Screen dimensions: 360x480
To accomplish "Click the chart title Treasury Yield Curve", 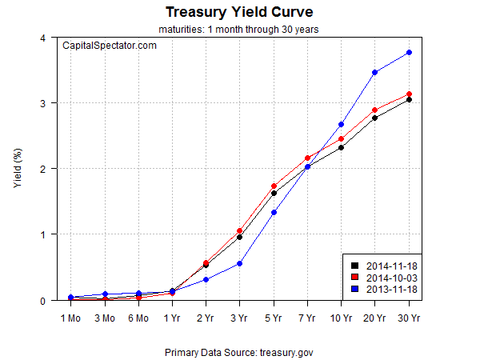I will [x=240, y=13].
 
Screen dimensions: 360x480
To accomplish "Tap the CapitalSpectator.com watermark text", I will [x=110, y=46].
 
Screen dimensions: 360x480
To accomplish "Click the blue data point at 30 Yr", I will [x=409, y=53].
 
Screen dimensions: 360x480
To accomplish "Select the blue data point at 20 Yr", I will [x=374, y=73].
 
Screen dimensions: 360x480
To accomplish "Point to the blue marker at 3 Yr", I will [x=239, y=264].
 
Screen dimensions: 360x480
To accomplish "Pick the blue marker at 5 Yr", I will [x=274, y=213].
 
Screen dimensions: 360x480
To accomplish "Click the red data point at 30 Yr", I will [x=409, y=94].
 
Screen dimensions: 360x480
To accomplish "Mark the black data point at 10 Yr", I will [x=341, y=147].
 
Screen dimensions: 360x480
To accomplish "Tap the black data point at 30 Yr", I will [x=409, y=99].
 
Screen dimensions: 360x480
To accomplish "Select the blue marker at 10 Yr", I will [x=341, y=124].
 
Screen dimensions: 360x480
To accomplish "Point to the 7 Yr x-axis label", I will [x=307, y=318].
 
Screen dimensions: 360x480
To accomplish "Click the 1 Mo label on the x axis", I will [x=71, y=318].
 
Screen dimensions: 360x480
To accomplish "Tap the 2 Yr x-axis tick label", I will [x=206, y=318].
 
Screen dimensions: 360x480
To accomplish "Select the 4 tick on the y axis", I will [x=42, y=38].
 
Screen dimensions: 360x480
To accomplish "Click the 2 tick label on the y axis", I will [x=42, y=169].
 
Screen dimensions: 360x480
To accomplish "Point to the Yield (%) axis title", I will [x=18, y=169].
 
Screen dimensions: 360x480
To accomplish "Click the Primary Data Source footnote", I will [x=240, y=351].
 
